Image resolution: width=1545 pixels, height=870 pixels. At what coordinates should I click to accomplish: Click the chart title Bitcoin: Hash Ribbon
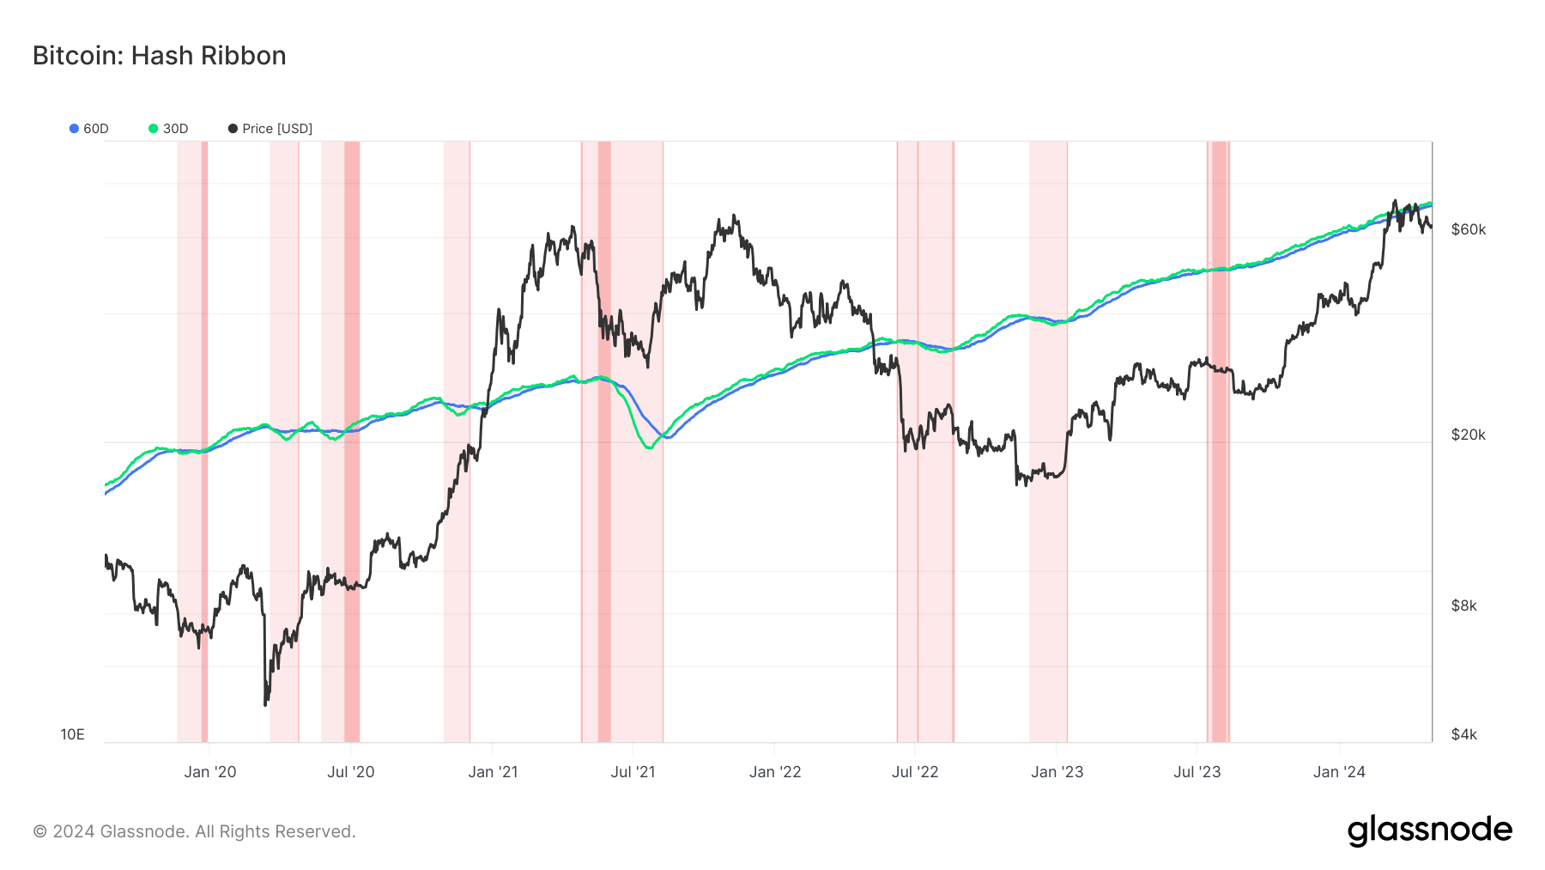pos(160,56)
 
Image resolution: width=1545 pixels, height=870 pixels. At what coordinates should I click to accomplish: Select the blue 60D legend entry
pos(89,129)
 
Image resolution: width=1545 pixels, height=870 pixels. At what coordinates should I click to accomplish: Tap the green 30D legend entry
pos(168,129)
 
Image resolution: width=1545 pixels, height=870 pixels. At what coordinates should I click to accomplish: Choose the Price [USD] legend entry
pos(270,129)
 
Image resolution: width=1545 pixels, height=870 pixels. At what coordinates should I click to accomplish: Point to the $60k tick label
pos(1468,229)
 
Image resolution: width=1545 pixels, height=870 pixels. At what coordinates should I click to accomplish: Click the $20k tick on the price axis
pos(1468,435)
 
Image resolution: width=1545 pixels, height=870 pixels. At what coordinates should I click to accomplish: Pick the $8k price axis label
pos(1463,605)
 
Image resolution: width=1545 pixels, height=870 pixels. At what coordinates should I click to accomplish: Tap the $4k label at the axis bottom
pos(1463,734)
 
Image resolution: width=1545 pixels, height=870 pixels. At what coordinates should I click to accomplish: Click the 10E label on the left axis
pos(72,734)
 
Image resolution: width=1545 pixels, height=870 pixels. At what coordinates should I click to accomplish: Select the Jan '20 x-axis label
pos(209,772)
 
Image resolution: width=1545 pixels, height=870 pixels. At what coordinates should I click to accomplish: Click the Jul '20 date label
pos(350,772)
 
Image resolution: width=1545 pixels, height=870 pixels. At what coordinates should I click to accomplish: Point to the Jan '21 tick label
pos(493,772)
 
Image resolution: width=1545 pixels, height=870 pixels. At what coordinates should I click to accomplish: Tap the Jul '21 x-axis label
pos(633,772)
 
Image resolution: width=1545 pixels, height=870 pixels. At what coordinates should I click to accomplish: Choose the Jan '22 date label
pos(774,772)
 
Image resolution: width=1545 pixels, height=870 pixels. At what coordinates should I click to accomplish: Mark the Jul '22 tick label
pos(915,772)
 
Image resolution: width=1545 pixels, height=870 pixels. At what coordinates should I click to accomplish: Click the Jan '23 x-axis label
pos(1057,772)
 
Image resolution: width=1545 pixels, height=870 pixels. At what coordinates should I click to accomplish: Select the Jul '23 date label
pos(1197,772)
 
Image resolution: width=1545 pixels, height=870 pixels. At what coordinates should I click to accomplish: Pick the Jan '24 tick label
pos(1339,772)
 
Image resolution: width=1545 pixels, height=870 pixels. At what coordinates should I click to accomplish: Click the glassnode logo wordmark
pos(1429,830)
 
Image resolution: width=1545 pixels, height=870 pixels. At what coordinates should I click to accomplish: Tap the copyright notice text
pos(194,831)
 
